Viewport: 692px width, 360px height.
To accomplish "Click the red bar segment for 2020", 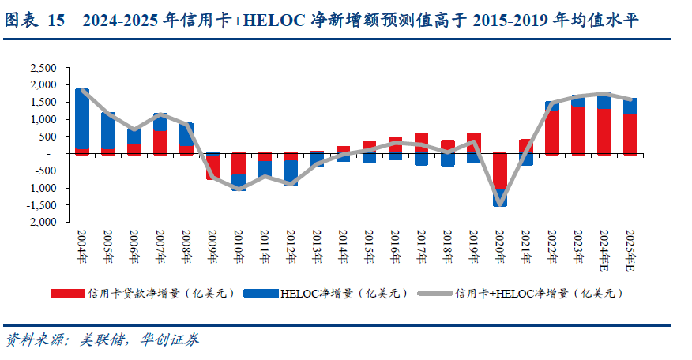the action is click(499, 171).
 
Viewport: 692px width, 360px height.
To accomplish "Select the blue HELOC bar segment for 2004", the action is click(82, 118).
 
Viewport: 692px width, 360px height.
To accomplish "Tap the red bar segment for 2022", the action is click(552, 132).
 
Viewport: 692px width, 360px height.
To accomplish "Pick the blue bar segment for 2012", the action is click(291, 173).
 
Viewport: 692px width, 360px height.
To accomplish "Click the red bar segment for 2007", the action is click(160, 142).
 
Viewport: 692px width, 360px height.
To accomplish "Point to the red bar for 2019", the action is click(473, 143).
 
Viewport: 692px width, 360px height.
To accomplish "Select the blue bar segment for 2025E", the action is click(630, 107).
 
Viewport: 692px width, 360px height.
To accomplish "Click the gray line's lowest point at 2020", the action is click(499, 205).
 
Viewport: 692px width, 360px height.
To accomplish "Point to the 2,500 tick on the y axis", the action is click(43, 68).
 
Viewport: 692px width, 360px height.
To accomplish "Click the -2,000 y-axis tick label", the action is click(41, 222).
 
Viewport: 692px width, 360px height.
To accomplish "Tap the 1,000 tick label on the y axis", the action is click(43, 119).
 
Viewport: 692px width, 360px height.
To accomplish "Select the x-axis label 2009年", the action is click(212, 246).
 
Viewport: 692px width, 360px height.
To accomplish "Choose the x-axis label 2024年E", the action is click(604, 250).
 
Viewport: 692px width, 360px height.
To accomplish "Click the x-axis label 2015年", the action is click(369, 246).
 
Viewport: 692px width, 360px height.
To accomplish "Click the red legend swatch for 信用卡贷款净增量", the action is click(67, 294).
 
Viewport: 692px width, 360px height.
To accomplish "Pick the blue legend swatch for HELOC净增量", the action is click(261, 294).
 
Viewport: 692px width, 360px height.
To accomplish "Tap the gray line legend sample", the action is click(435, 294).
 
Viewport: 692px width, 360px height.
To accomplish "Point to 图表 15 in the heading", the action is click(35, 21).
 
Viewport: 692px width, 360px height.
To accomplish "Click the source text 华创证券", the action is click(170, 339).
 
